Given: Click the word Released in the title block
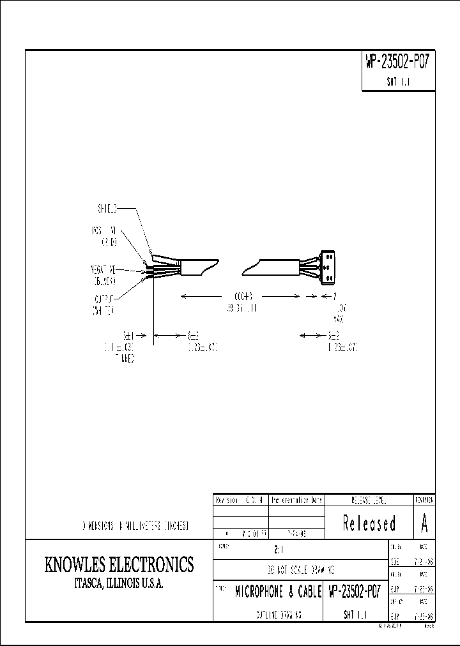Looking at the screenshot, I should pyautogui.click(x=369, y=523).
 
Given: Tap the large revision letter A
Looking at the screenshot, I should pyautogui.click(x=424, y=524).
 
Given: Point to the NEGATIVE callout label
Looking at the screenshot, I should pyautogui.click(x=102, y=271).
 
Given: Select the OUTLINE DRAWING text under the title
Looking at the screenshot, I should pyautogui.click(x=275, y=615).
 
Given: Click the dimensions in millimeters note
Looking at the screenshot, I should pyautogui.click(x=135, y=526).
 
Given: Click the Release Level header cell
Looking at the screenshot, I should pyautogui.click(x=369, y=501).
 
